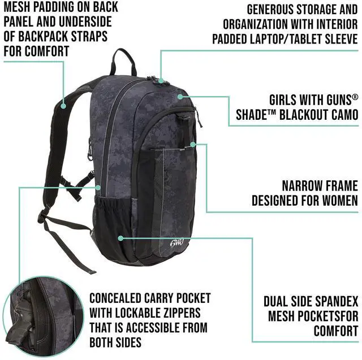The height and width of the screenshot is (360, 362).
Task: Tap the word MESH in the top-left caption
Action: pyautogui.click(x=20, y=7)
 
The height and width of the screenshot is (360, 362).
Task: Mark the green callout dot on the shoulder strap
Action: pyautogui.click(x=63, y=106)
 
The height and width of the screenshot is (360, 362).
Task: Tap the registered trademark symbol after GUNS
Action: pyautogui.click(x=355, y=97)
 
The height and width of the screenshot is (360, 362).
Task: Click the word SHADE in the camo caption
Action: pyautogui.click(x=253, y=115)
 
